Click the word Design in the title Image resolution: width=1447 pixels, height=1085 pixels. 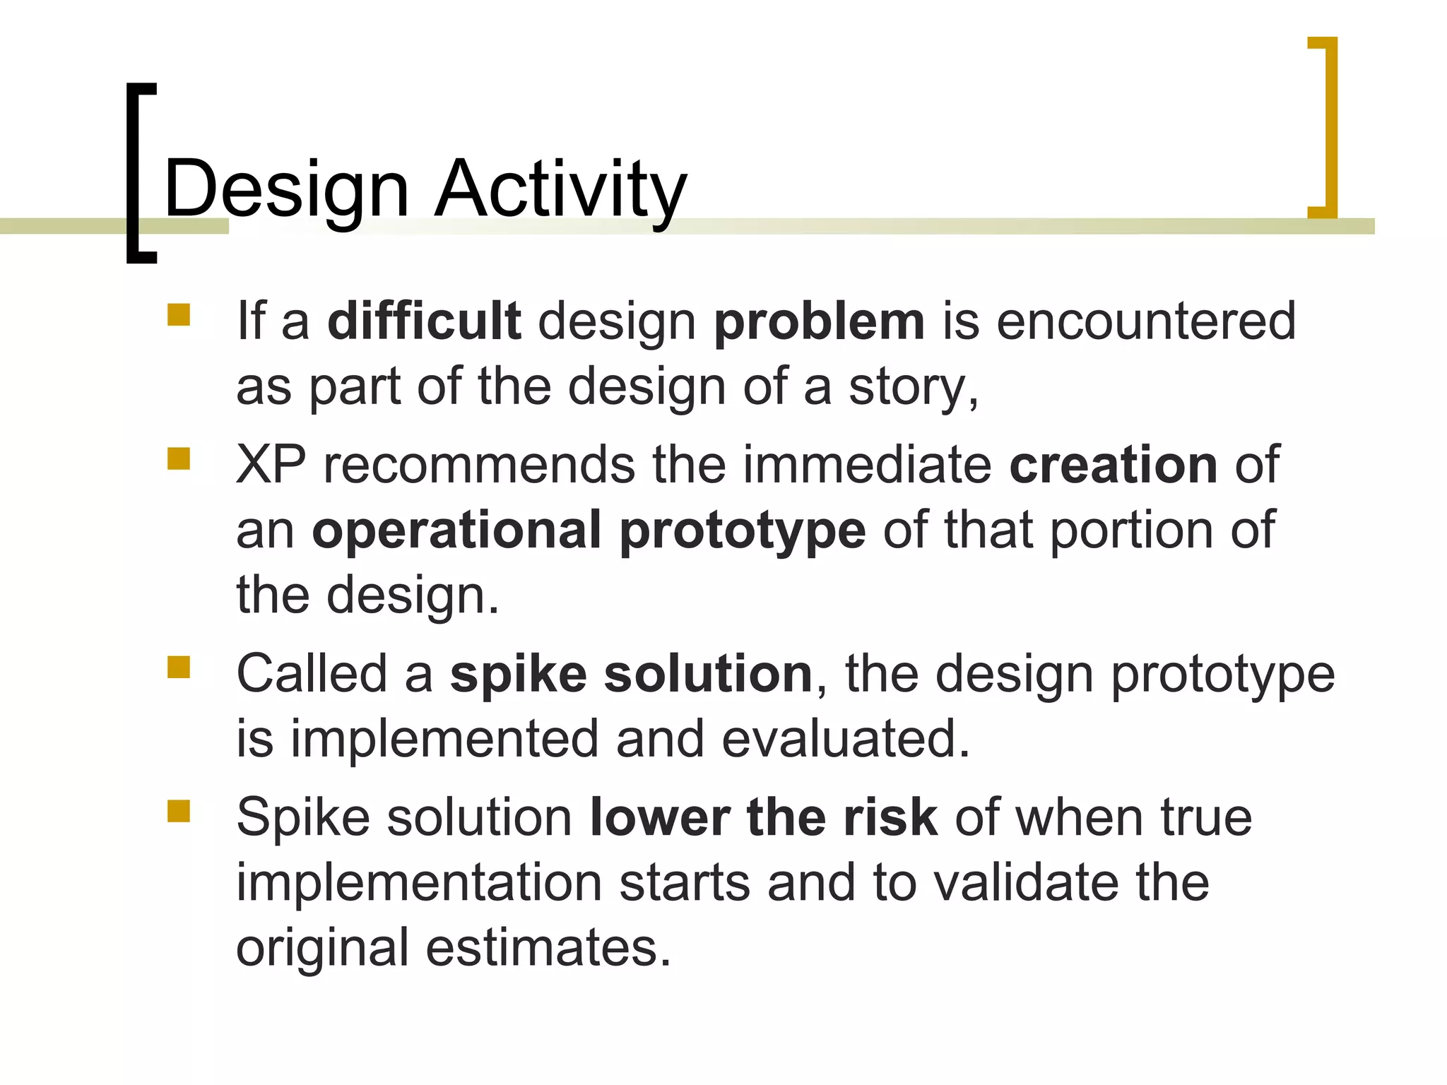[286, 189]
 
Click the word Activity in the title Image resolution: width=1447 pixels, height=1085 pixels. [560, 189]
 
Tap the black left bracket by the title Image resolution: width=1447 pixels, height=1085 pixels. [134, 173]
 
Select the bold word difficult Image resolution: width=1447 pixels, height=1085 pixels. [424, 321]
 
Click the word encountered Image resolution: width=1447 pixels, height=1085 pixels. [1146, 321]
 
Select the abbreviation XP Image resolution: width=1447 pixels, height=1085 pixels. [271, 465]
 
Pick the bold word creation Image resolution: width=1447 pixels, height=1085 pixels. [1114, 465]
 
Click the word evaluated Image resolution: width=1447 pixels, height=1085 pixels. [845, 739]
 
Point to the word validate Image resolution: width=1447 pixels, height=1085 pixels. [1027, 883]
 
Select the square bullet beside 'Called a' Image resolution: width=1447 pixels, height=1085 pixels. [179, 667]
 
